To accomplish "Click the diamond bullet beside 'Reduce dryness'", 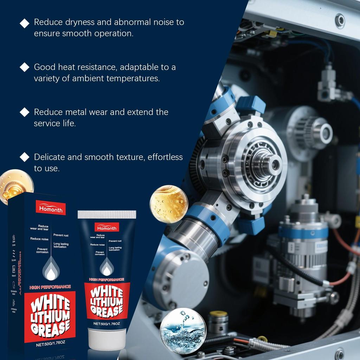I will point(25,23).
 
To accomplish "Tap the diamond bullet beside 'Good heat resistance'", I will point(25,67).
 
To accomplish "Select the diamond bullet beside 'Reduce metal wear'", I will point(25,112).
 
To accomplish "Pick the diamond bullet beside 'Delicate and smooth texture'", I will point(25,157).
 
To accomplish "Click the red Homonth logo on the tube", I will point(106,227).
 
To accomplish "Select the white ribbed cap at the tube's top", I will point(107,214).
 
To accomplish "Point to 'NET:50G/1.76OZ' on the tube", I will point(107,323).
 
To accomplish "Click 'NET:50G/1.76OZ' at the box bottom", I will point(50,345).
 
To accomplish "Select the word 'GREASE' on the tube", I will point(107,309).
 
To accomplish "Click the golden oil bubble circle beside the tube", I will point(169,204).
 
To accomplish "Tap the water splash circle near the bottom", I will point(183,330).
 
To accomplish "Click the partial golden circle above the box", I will point(16,185).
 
